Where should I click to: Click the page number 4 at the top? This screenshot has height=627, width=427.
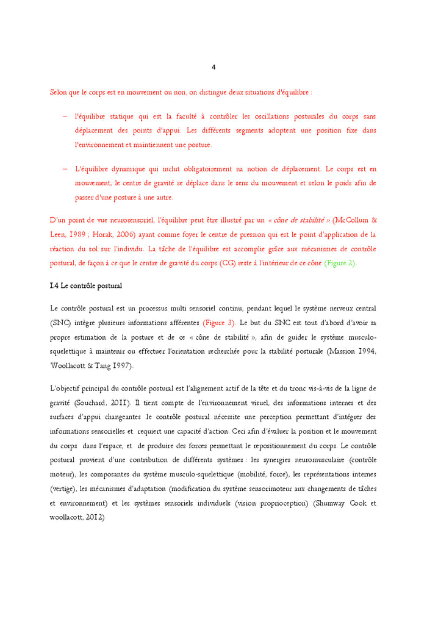(213, 67)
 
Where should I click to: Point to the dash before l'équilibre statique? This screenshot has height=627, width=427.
(65, 116)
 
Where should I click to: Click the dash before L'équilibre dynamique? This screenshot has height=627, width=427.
(65, 168)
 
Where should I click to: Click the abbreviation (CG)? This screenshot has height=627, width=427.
(229, 263)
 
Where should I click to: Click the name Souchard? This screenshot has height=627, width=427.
(94, 403)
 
